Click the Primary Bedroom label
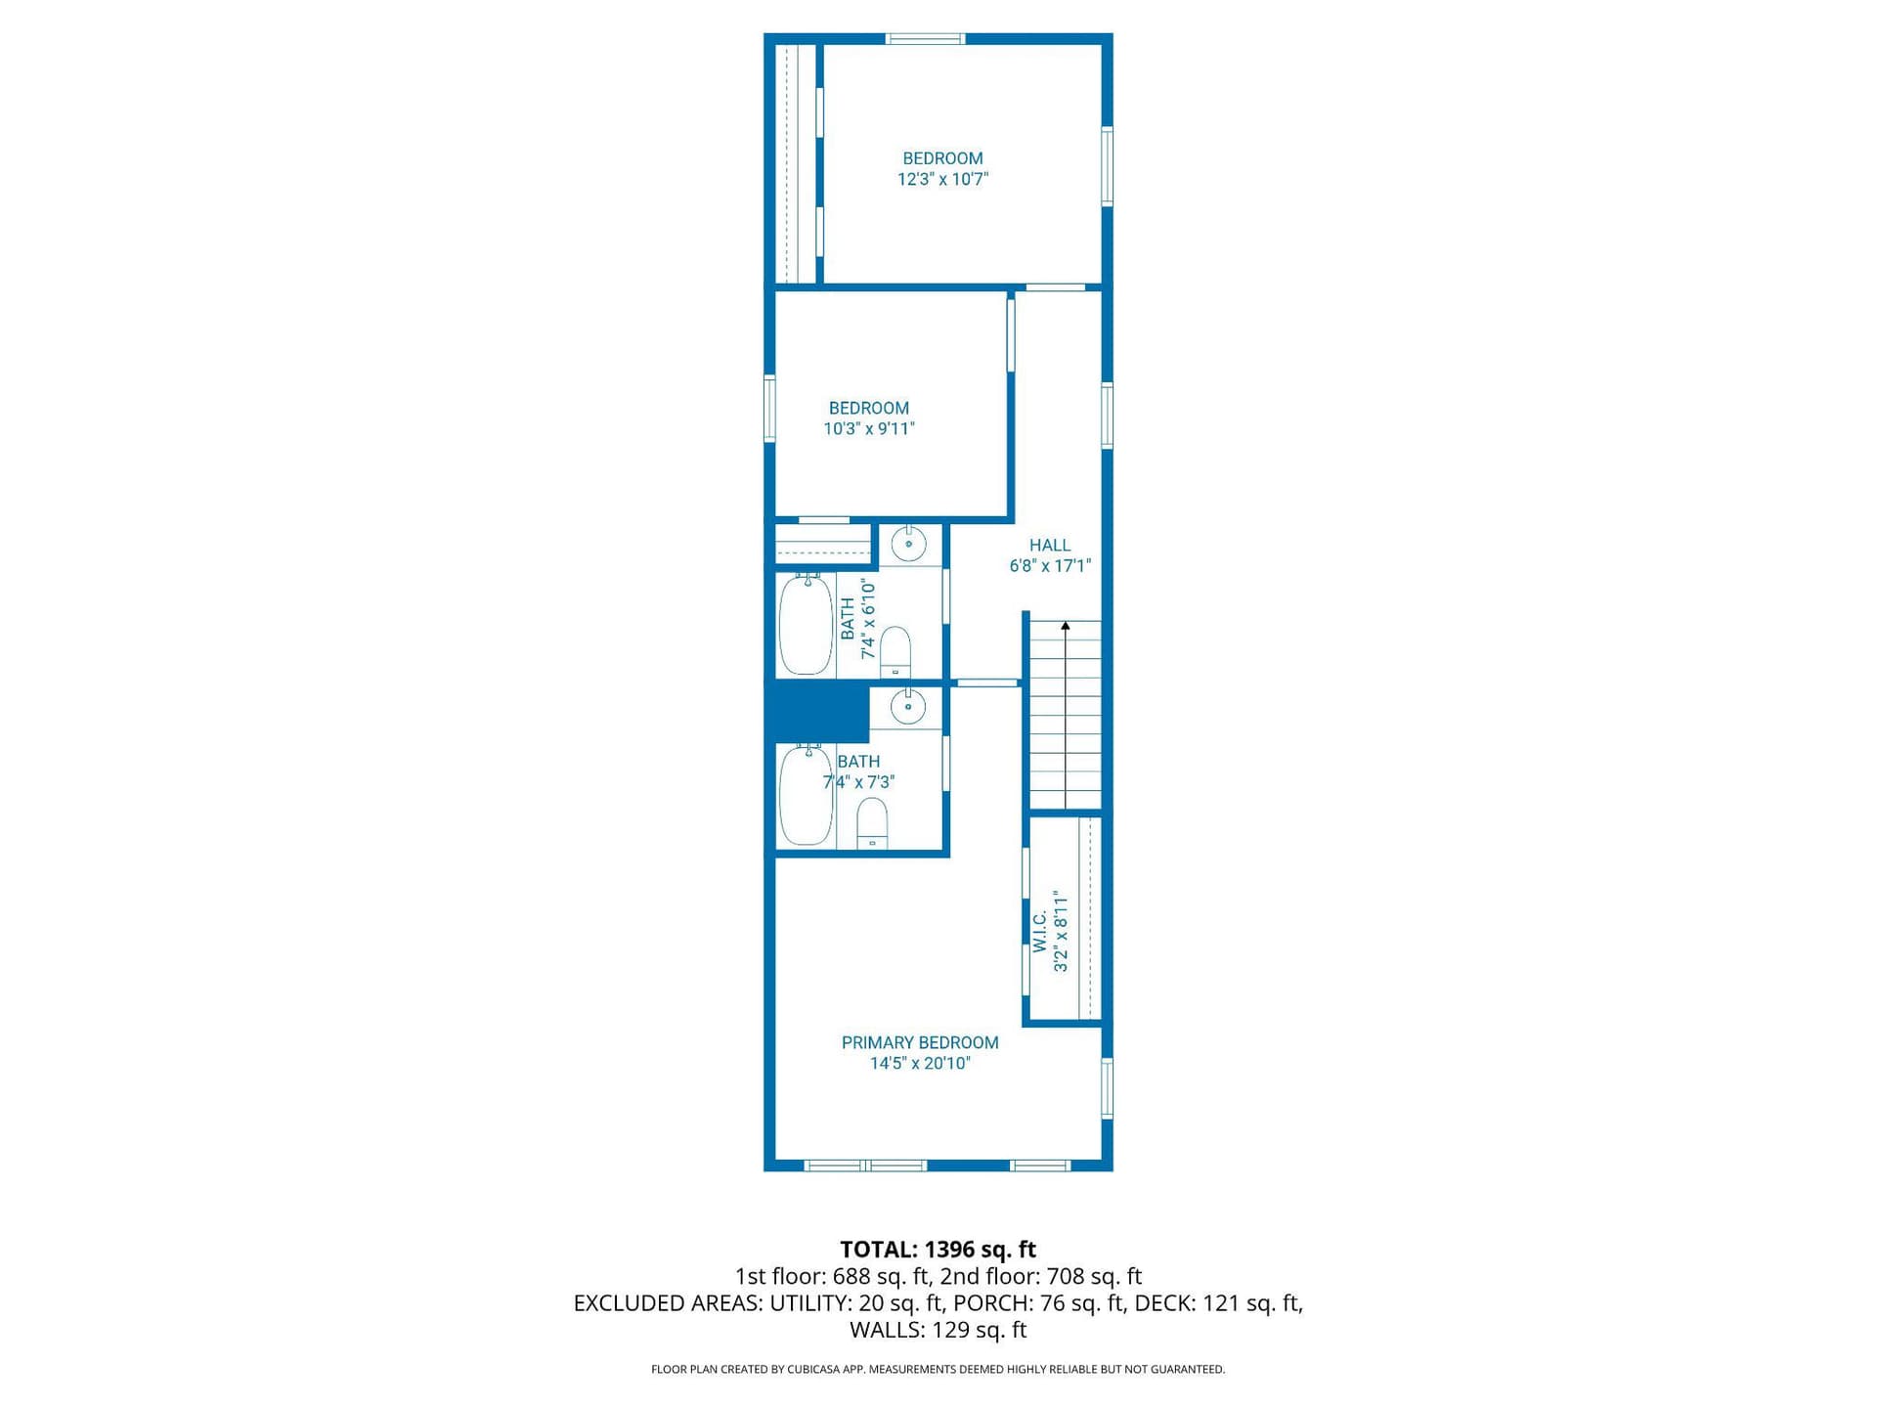[920, 1042]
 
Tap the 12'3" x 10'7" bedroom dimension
[943, 179]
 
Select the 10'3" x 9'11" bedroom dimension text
[869, 428]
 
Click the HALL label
[1050, 545]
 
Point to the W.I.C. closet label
[1039, 931]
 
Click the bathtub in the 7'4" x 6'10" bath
[807, 625]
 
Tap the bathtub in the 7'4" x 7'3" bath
[807, 795]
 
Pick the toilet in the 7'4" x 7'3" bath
[872, 823]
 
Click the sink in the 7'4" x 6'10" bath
[909, 544]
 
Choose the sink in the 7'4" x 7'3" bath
[909, 706]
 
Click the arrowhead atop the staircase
[1066, 626]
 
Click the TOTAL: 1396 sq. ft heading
[938, 1249]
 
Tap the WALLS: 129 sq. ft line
[938, 1330]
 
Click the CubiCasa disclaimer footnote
[938, 1369]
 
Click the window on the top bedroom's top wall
[925, 39]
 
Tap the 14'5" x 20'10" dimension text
[920, 1063]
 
